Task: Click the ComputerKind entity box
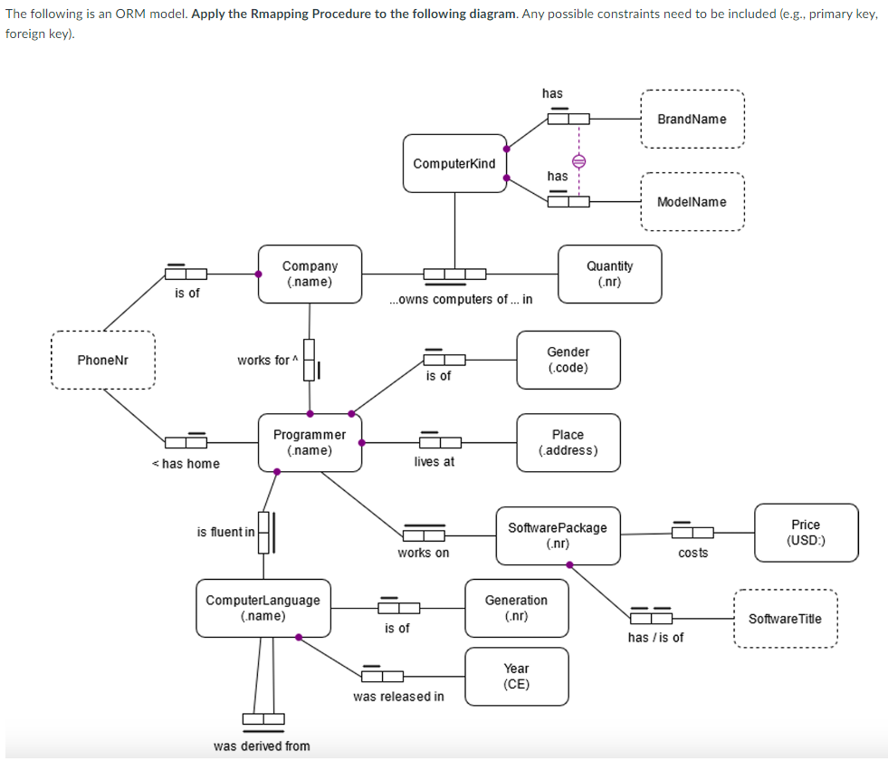(454, 163)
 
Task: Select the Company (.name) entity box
(310, 274)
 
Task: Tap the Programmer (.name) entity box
(310, 442)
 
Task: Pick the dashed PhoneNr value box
(102, 361)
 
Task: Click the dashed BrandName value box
(692, 119)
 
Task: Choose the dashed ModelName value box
(692, 202)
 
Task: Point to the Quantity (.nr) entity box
(609, 274)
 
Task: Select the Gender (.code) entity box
(568, 360)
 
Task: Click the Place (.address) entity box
(568, 442)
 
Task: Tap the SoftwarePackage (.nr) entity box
(558, 535)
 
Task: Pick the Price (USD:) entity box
(805, 533)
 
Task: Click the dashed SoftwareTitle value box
(785, 619)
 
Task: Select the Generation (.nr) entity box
(516, 608)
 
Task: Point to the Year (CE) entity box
(516, 676)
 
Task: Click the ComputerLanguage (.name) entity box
(263, 608)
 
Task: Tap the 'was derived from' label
(262, 747)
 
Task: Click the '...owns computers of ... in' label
(460, 300)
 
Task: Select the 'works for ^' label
(263, 361)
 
